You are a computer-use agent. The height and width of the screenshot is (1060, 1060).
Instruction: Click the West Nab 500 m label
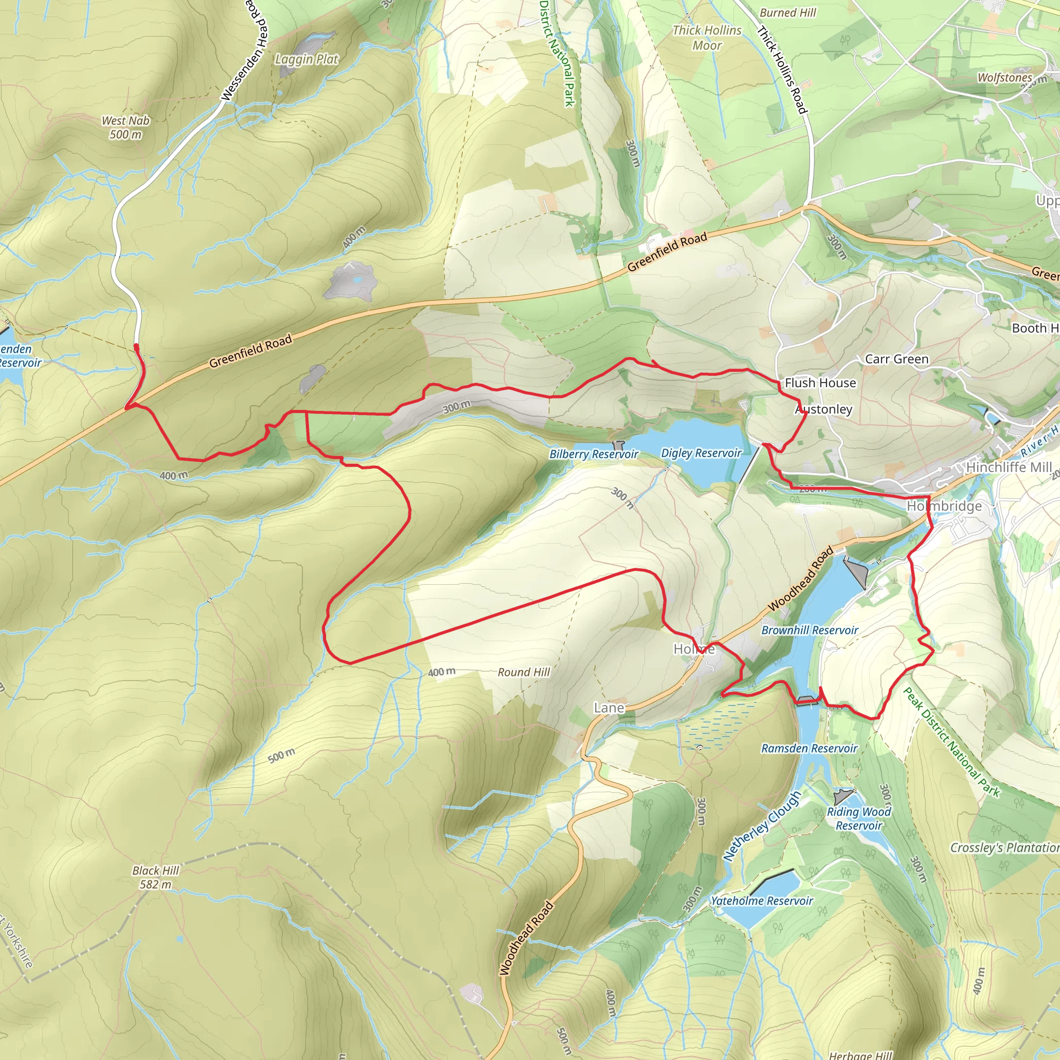[126, 127]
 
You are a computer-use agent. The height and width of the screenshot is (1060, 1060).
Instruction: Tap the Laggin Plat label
[307, 59]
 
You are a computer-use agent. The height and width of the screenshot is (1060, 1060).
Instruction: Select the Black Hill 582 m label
[155, 877]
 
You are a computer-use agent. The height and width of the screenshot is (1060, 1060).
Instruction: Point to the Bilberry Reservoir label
[594, 454]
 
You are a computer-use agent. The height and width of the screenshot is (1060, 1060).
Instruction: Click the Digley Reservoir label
[701, 453]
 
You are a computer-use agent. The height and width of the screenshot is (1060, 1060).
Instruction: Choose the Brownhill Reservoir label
[809, 630]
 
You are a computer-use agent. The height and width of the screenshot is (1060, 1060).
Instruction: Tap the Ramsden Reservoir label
[809, 748]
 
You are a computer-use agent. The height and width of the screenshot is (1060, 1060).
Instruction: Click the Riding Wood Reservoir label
[859, 818]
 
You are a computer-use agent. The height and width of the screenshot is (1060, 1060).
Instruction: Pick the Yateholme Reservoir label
[761, 901]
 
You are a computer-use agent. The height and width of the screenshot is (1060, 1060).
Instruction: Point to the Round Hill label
[523, 672]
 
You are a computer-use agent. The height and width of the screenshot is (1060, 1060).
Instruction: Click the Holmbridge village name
[944, 506]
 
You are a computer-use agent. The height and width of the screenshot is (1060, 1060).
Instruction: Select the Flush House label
[820, 383]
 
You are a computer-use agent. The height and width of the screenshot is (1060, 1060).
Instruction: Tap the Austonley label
[823, 409]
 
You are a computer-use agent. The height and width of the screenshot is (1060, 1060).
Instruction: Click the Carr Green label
[896, 359]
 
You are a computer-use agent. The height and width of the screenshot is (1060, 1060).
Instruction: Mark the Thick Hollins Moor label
[706, 38]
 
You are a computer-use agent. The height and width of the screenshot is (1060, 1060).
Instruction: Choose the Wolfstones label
[1005, 78]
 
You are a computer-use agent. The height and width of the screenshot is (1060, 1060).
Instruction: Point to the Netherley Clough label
[761, 826]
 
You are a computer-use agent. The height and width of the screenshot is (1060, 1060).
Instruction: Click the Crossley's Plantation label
[1004, 848]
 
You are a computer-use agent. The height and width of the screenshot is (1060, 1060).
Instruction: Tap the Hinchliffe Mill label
[1008, 467]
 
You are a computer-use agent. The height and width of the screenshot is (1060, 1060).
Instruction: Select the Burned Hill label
[787, 12]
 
